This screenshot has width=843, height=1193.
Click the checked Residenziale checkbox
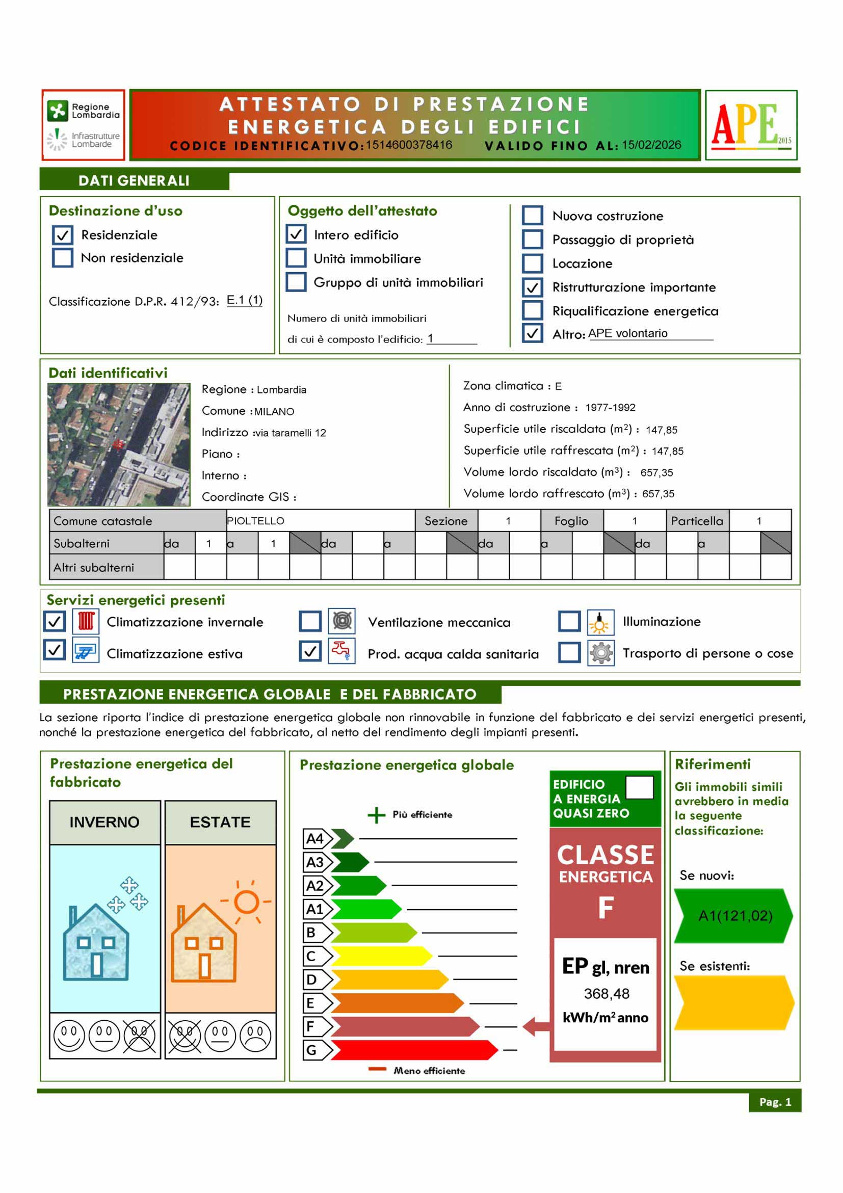click(62, 235)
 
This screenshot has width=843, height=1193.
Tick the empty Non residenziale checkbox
click(62, 258)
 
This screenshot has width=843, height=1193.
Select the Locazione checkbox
click(532, 263)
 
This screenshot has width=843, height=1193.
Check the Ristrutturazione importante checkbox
click(532, 287)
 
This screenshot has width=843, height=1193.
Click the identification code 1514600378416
click(409, 145)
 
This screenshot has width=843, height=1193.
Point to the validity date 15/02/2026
click(651, 145)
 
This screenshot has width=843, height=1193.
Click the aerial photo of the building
click(118, 444)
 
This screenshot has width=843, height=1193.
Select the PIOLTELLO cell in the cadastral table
click(320, 521)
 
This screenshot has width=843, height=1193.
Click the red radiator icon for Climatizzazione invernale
click(86, 621)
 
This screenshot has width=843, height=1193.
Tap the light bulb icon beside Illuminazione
click(600, 622)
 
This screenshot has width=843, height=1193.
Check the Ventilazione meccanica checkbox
click(310, 621)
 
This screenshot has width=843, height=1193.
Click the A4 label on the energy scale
click(314, 838)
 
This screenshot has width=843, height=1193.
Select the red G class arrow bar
click(413, 1050)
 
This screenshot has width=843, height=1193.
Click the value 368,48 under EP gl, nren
click(606, 993)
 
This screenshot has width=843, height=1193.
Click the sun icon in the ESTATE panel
click(246, 902)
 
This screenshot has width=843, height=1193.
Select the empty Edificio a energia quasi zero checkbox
click(639, 787)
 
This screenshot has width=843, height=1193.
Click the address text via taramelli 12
click(291, 433)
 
